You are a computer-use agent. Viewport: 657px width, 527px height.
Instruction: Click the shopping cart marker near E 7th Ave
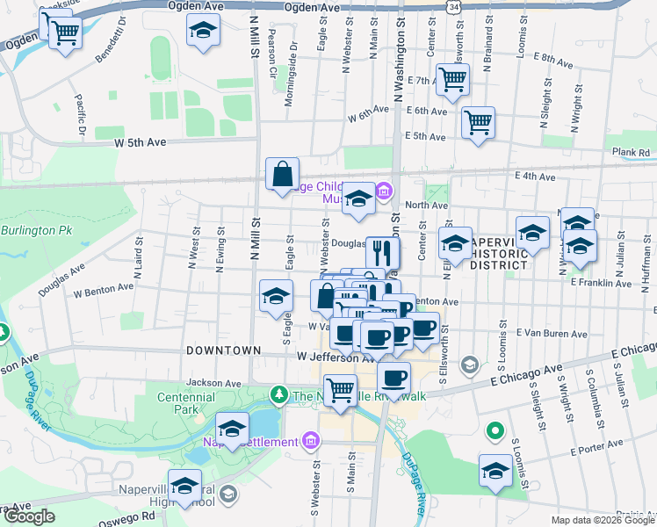click(x=452, y=79)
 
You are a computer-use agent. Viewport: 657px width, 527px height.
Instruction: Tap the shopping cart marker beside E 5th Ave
click(x=478, y=123)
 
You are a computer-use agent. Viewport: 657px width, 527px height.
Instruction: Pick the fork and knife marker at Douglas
click(x=382, y=253)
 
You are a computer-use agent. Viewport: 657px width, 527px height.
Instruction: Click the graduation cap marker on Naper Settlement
click(x=232, y=429)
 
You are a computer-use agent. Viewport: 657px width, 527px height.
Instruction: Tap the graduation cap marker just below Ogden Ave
click(x=203, y=31)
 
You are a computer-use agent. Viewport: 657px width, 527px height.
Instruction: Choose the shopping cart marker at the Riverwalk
click(x=340, y=390)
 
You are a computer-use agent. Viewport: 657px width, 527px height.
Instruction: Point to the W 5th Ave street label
click(x=140, y=141)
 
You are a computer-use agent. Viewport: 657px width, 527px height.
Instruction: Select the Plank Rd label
click(x=631, y=152)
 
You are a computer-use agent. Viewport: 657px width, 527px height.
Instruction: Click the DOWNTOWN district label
click(x=223, y=350)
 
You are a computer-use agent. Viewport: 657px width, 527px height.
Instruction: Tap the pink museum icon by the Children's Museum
click(x=384, y=190)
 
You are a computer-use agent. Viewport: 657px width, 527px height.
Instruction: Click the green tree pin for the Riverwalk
click(x=278, y=394)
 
